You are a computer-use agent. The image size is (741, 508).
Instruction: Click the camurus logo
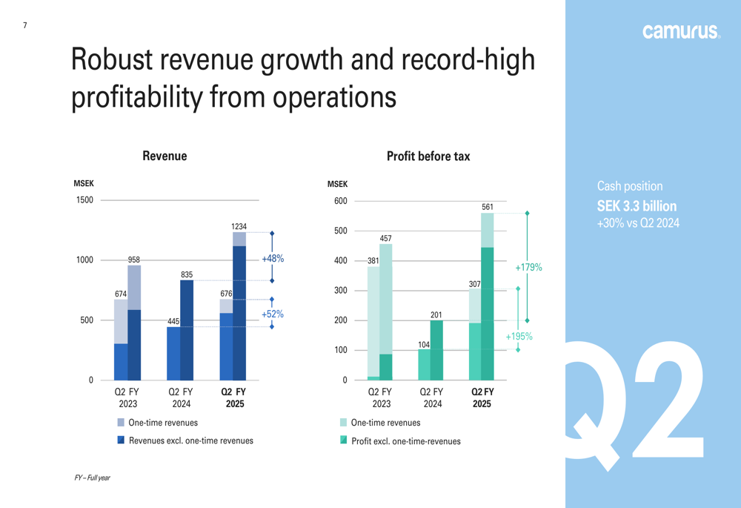click(680, 31)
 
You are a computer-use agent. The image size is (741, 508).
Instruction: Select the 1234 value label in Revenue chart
click(239, 226)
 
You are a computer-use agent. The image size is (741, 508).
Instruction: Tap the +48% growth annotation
click(273, 259)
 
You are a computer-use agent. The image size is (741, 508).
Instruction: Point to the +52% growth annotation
click(273, 314)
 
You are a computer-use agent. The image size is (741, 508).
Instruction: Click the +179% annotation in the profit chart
click(528, 267)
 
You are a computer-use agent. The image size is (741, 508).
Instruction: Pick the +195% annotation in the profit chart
click(519, 337)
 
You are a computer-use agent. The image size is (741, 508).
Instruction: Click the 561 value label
click(487, 207)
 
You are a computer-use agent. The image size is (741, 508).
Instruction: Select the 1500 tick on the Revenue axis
click(84, 200)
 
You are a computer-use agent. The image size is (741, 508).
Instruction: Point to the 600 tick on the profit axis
click(340, 201)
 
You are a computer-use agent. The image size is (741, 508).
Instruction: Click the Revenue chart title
click(165, 156)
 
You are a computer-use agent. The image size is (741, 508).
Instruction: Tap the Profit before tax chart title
click(428, 156)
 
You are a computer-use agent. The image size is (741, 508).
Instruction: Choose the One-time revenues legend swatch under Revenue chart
click(121, 423)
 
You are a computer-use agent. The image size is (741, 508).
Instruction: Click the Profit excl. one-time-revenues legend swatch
click(343, 441)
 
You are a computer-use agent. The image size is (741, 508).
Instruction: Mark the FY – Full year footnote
click(92, 478)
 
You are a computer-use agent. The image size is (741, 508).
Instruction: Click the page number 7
click(24, 26)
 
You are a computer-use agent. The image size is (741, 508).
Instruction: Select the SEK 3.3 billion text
click(637, 206)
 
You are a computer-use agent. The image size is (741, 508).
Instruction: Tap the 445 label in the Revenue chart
click(173, 322)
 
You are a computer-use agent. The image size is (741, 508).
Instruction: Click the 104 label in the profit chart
click(424, 345)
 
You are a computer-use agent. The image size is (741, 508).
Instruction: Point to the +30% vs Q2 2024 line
click(638, 223)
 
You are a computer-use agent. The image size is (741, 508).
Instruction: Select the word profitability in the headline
click(136, 96)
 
